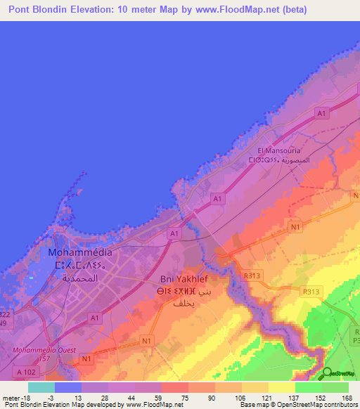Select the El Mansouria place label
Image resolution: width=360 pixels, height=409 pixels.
coord(279,150)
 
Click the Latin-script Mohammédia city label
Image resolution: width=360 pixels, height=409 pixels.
coord(79,252)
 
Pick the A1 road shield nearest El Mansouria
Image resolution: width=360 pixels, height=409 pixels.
coord(321,112)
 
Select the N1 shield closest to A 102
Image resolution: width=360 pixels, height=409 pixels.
coord(86,359)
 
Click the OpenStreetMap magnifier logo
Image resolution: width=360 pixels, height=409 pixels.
coord(327,373)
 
